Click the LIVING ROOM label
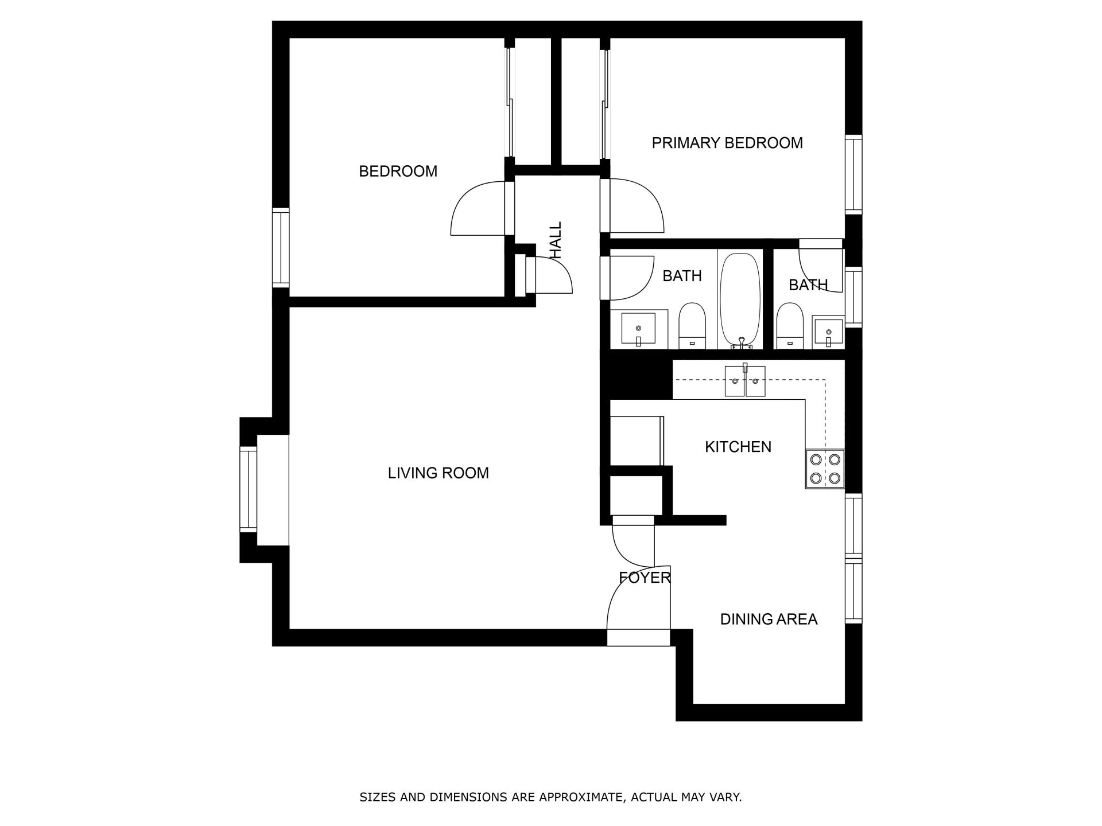438,473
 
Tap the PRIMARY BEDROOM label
727,143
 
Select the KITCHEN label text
738,447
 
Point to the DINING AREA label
769,619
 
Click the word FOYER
645,578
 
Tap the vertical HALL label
556,240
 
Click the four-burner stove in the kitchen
825,469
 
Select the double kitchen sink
745,381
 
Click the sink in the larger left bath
638,329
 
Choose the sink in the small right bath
828,333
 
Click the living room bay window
249,490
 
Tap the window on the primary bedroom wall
853,174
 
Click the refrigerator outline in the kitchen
637,441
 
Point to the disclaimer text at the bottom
550,797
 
